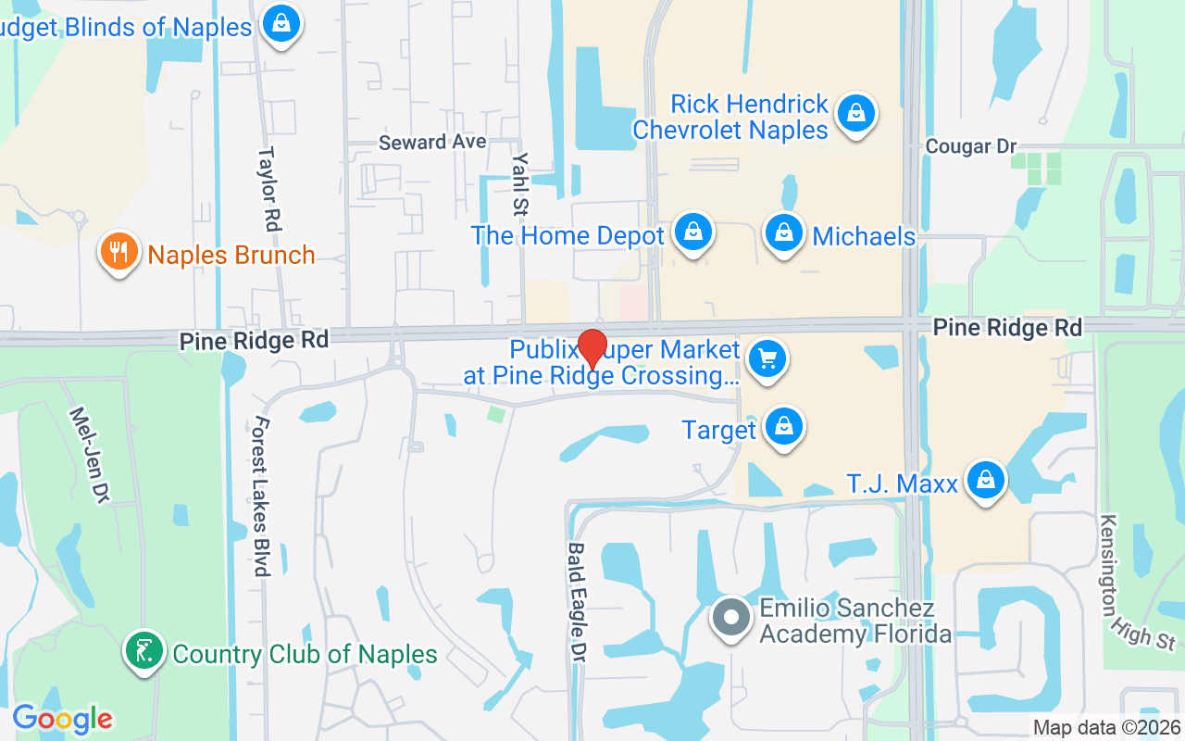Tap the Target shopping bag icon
coord(784,426)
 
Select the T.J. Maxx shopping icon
coord(986,480)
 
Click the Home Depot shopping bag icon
coord(692,232)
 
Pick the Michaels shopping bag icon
coord(784,232)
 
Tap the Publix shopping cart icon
coord(767,359)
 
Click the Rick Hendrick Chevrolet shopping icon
coord(855,113)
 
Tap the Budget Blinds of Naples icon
coord(279,23)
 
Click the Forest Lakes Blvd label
coord(260,496)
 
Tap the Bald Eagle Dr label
coord(578,602)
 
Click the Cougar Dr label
coord(971,146)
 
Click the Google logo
coord(62,719)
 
